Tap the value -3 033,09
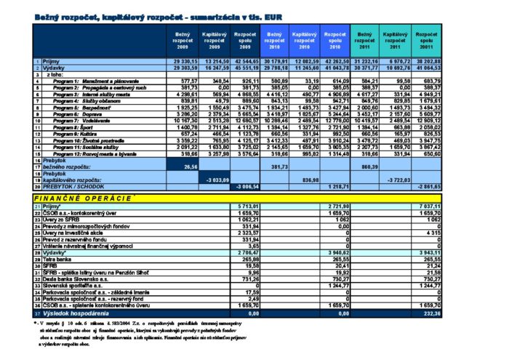click(217, 180)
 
